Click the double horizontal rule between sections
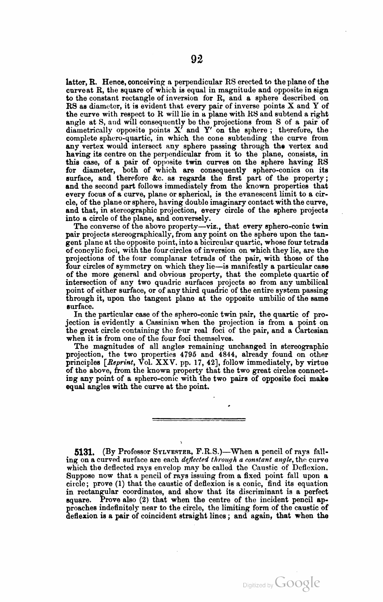[199, 420]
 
